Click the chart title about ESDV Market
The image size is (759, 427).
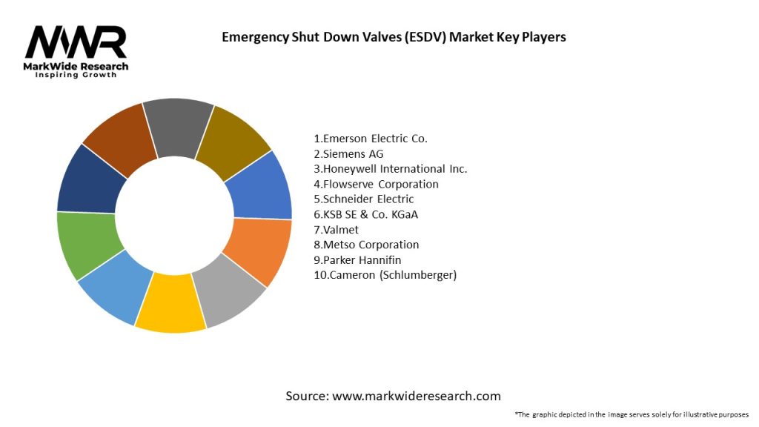(x=394, y=37)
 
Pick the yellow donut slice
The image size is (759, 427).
(x=171, y=304)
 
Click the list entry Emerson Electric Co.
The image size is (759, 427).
(x=371, y=139)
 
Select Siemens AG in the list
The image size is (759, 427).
(x=348, y=153)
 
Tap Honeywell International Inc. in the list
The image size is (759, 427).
(x=391, y=169)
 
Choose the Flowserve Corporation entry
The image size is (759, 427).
(x=376, y=184)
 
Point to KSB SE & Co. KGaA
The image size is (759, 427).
(x=365, y=214)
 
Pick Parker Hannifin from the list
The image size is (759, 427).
(x=357, y=259)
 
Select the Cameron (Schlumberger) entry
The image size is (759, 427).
(x=385, y=275)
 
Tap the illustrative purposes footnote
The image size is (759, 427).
(x=632, y=414)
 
